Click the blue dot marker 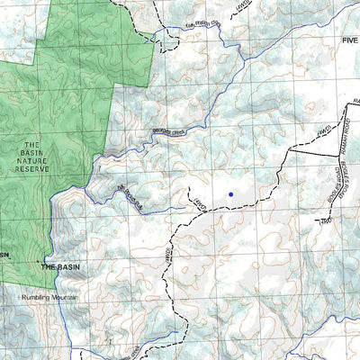[230, 193]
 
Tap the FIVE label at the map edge [349, 41]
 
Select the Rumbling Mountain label [50, 298]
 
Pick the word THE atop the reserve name [32, 146]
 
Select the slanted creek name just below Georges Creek [130, 197]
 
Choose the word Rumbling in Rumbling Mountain [37, 298]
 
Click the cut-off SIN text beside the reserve [4, 255]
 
